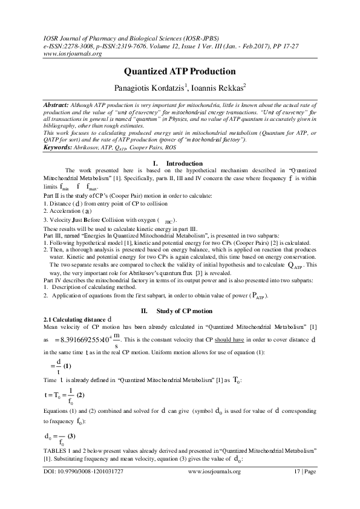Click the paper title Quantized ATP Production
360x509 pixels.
point(180,70)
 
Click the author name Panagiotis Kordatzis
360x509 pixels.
point(153,88)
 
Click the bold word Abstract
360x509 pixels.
point(56,104)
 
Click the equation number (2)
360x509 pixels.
point(80,395)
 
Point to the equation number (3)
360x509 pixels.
point(71,436)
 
